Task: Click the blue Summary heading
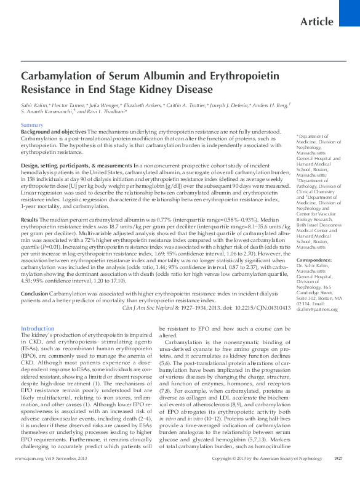coord(32,125)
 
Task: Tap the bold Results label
coord(30,219)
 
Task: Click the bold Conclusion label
coord(34,294)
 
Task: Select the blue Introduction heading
coord(38,329)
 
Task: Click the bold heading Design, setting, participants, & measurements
coord(76,166)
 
